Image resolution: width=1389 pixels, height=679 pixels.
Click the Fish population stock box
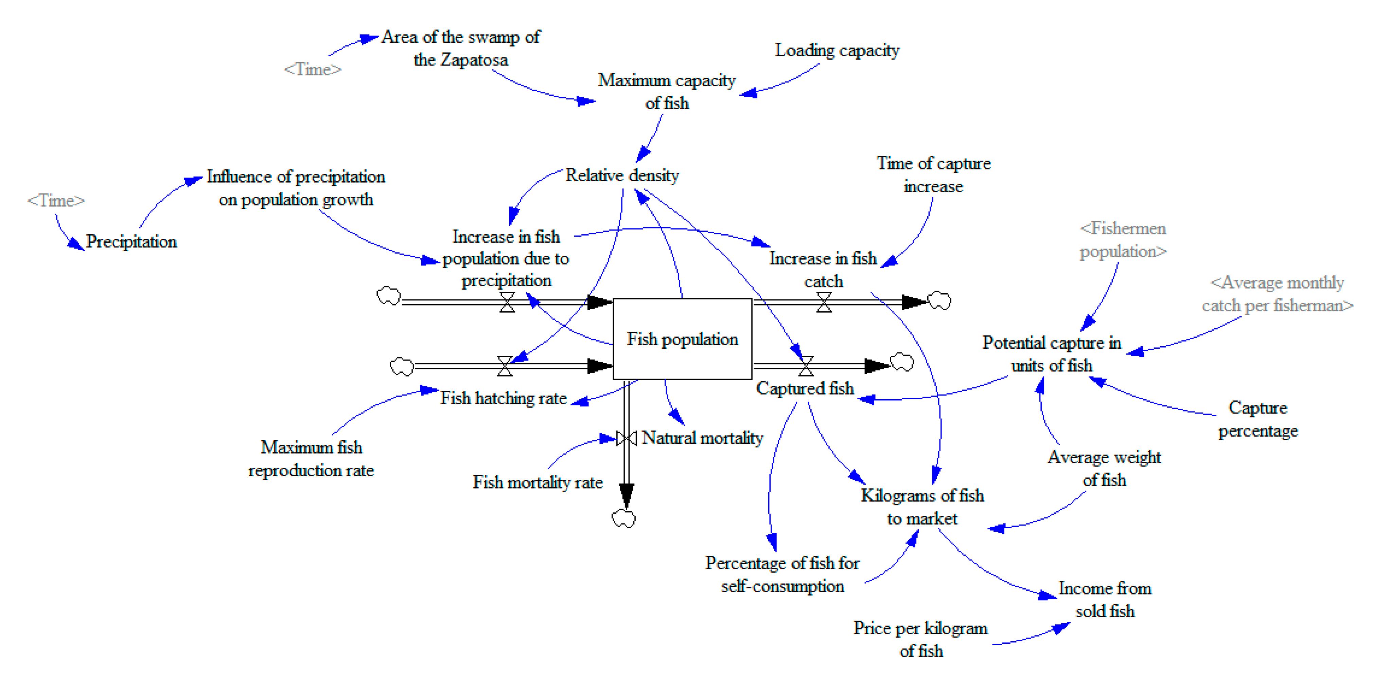pos(682,339)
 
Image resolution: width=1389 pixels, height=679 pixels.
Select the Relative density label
pos(622,175)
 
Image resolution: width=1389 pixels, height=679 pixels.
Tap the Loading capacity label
pos(837,50)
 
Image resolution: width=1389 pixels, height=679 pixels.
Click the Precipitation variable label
pos(131,241)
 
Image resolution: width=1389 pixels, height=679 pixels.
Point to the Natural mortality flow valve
pos(626,438)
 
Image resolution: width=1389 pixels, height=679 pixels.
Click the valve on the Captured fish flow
pos(806,366)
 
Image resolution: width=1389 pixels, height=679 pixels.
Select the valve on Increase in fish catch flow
pos(823,302)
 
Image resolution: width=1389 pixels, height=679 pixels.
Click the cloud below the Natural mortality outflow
pos(624,518)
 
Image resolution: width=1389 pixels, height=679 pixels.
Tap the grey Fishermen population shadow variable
pos(1123,240)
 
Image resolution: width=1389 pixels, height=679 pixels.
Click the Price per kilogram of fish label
pos(920,639)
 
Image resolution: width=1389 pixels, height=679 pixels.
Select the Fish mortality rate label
pos(537,482)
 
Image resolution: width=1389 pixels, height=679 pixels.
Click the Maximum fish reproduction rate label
pos(311,459)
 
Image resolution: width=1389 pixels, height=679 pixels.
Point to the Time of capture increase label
pos(933,175)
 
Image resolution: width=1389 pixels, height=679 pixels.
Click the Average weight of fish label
pos(1104,468)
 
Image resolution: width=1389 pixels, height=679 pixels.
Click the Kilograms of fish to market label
pos(922,507)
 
